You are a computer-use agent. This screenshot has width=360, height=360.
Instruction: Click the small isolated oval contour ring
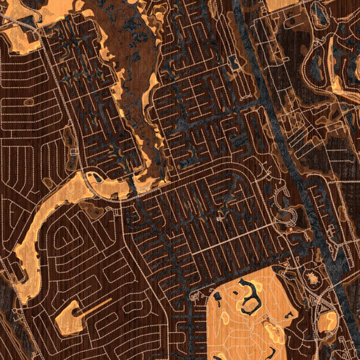[x=28, y=103]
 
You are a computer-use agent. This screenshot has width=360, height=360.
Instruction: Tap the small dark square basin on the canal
[x=234, y=62]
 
